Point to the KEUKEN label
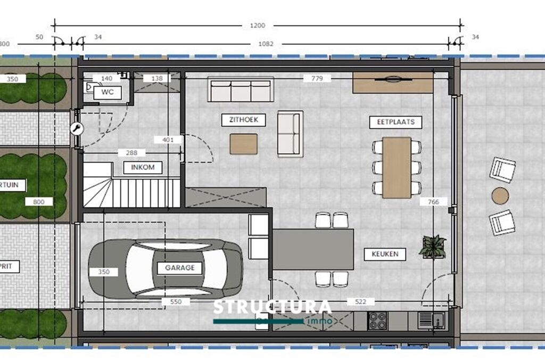click(x=385, y=254)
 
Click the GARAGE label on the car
click(x=179, y=268)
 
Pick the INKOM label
click(x=143, y=167)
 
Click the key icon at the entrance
click(x=76, y=128)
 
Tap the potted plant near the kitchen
click(x=432, y=247)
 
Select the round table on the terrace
click(x=500, y=195)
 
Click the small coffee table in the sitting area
click(x=244, y=144)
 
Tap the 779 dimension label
click(x=317, y=78)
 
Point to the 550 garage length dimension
click(x=175, y=302)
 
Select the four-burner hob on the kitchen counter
click(x=377, y=321)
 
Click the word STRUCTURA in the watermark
click(x=272, y=308)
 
